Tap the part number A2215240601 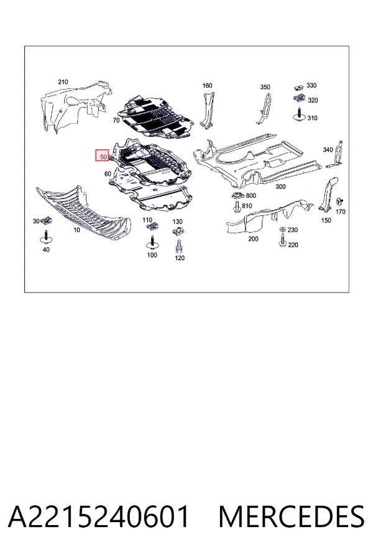pos(99,516)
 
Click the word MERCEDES pos(292,516)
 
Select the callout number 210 pos(63,82)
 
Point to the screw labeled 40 pos(45,237)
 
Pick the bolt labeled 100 pos(152,243)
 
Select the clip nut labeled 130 pos(177,231)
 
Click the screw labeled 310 pos(299,114)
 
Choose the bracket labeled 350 pos(264,108)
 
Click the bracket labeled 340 pos(336,154)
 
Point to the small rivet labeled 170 pos(338,201)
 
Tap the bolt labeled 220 pos(282,240)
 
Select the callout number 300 pos(280,187)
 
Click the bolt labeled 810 pos(236,207)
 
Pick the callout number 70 pos(116,120)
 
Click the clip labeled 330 pos(299,86)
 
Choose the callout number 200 pos(253,238)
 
